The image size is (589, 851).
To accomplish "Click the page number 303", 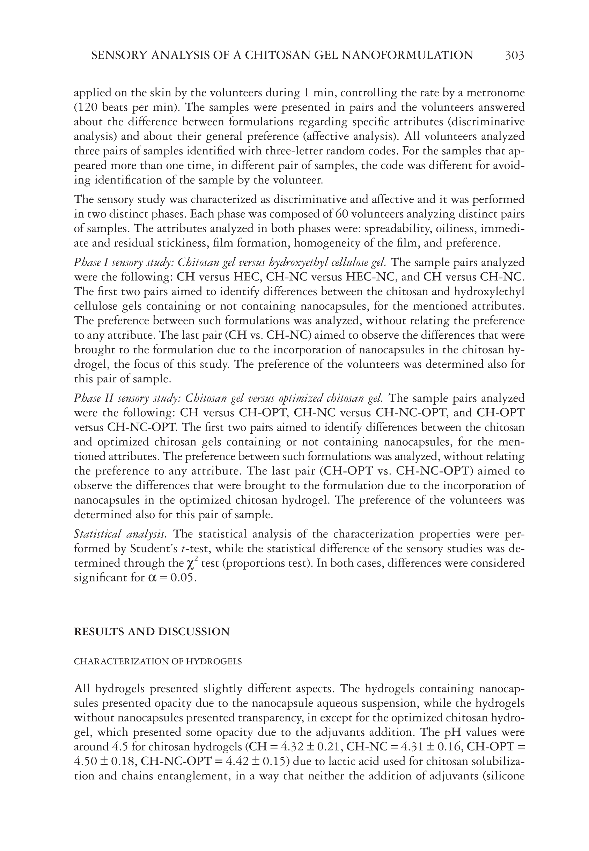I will (514, 56).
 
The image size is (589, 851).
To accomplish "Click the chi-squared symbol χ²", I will (192, 563).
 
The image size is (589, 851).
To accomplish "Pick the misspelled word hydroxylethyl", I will (488, 292).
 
